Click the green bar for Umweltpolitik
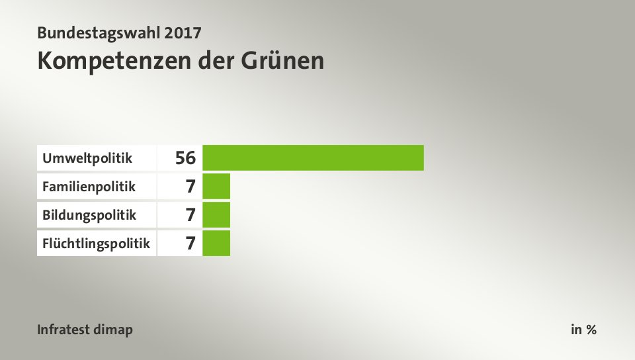click(x=313, y=157)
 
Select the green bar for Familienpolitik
click(x=216, y=186)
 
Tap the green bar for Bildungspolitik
click(x=216, y=214)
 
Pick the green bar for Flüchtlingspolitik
click(x=216, y=243)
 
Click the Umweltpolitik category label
click(x=87, y=158)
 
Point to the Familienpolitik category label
click(x=89, y=187)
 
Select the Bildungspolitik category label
click(x=89, y=215)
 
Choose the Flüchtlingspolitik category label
click(x=96, y=244)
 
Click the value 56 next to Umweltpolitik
click(x=186, y=158)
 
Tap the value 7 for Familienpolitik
click(x=190, y=187)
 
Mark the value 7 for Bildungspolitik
click(x=190, y=215)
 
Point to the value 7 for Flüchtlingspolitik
click(x=190, y=244)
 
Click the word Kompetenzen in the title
click(x=114, y=61)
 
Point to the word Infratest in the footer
click(x=66, y=330)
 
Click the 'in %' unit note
click(x=584, y=330)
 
